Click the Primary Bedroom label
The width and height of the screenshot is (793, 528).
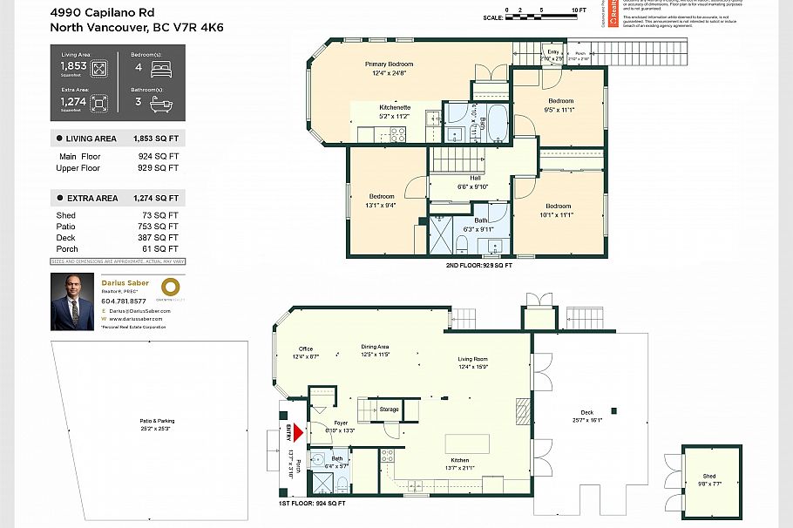(389, 64)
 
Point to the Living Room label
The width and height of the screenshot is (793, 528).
(473, 359)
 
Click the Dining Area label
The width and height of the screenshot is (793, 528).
(375, 347)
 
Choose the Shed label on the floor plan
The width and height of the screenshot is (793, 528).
(708, 477)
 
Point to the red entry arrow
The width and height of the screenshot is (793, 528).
(298, 431)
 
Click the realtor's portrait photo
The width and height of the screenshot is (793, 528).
(72, 302)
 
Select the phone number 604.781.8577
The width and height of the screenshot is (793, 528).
(124, 301)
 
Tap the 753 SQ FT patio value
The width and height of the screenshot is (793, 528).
(163, 227)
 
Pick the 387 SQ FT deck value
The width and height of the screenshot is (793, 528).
(163, 238)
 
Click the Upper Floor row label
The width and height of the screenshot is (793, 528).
(78, 167)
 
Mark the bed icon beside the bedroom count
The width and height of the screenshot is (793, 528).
(162, 68)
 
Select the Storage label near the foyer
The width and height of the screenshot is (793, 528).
(389, 409)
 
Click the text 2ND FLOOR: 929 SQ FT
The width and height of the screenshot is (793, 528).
(478, 264)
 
